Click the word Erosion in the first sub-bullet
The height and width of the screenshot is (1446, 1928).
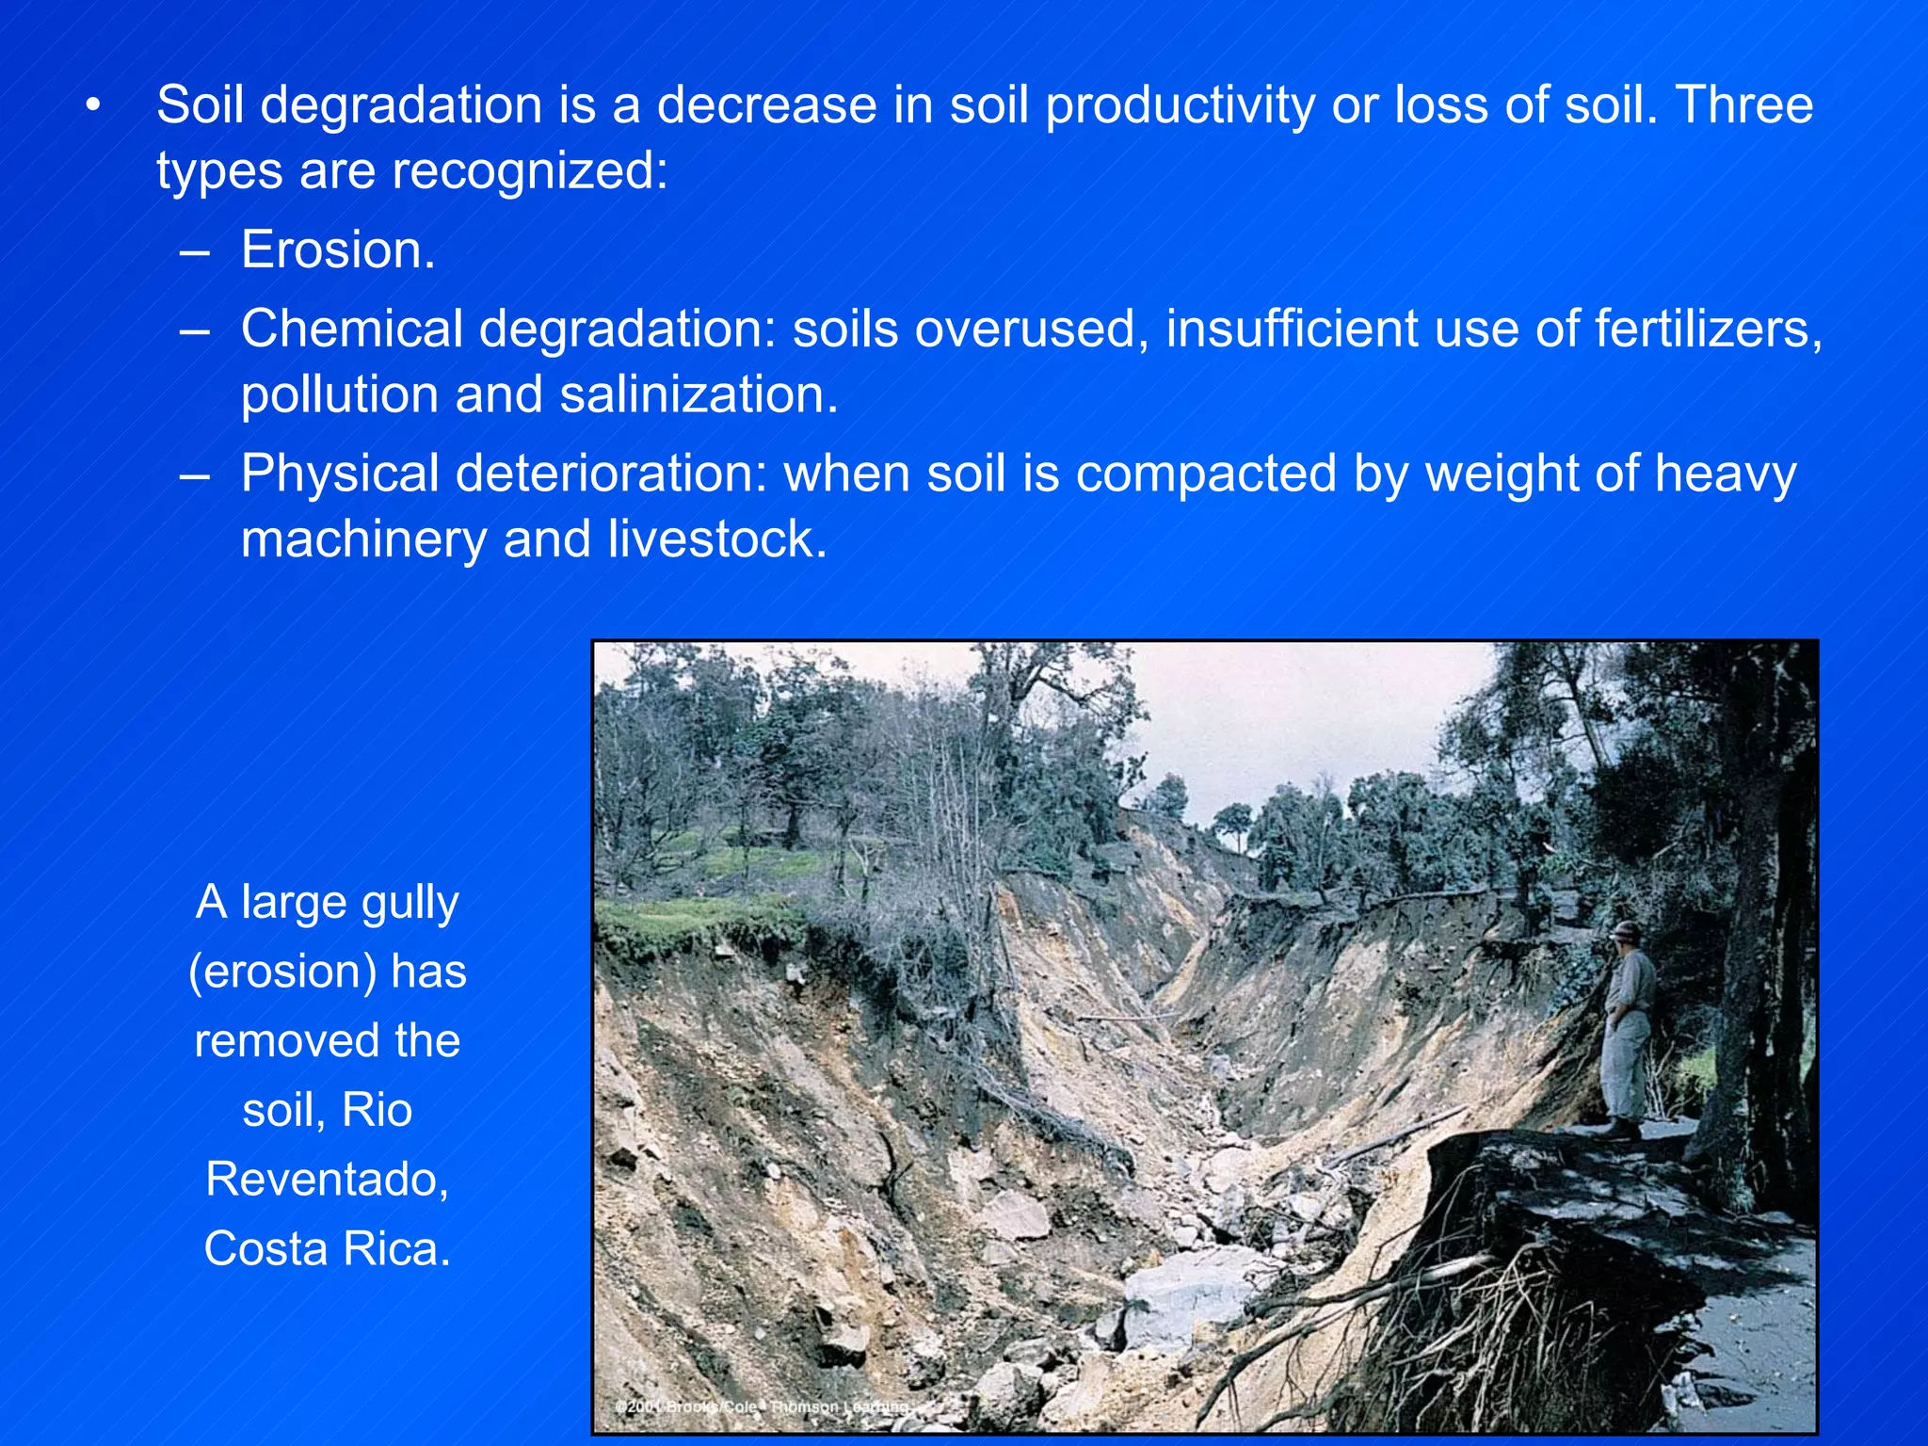point(337,250)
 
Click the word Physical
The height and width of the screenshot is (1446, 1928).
point(340,474)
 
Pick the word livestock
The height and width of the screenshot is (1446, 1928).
point(716,539)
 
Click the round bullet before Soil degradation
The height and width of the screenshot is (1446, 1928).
point(91,106)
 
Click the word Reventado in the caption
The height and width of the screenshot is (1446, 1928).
point(327,1179)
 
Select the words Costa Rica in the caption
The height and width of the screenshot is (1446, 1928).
point(327,1249)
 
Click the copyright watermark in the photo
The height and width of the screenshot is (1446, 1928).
point(763,1406)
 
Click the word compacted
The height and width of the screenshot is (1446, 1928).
point(1206,474)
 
